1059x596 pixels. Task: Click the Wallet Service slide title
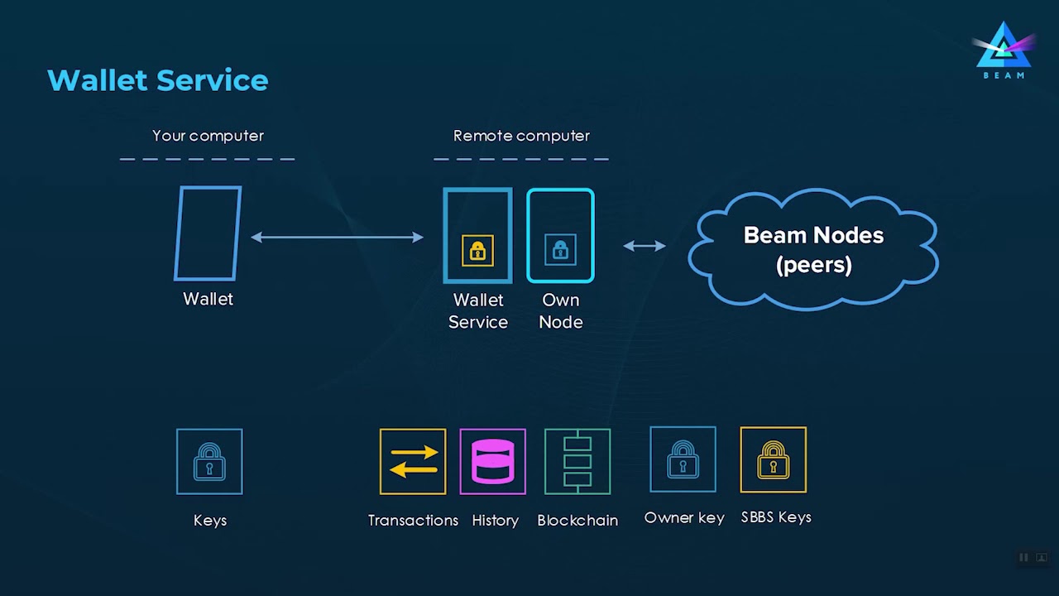point(158,80)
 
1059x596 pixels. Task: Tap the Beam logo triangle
point(1004,47)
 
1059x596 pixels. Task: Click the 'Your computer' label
point(208,136)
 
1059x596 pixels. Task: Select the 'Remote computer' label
point(521,136)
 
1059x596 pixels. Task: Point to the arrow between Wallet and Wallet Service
point(337,238)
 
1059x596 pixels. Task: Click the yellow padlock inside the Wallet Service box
point(477,250)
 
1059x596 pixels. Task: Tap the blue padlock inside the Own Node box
point(560,249)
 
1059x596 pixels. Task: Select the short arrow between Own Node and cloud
point(644,246)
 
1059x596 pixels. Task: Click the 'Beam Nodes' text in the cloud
point(813,235)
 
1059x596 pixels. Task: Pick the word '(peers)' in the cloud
point(814,265)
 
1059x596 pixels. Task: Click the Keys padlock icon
point(209,461)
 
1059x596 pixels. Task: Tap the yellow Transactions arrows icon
point(413,461)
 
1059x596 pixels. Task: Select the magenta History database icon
point(493,461)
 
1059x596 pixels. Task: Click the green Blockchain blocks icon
point(577,461)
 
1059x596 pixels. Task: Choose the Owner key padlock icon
point(683,459)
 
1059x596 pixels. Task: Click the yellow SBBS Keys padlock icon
point(773,459)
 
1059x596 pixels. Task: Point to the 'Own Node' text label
point(561,310)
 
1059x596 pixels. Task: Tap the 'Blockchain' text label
point(577,521)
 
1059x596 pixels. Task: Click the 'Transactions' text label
point(413,521)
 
